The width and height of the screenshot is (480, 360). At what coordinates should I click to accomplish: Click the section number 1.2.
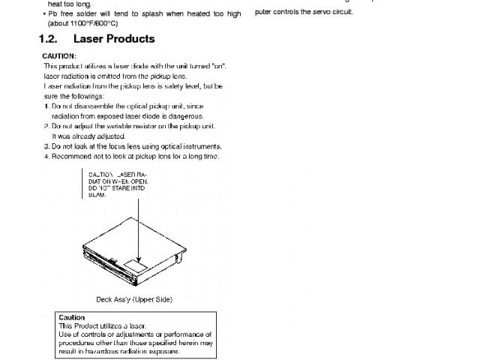[x=49, y=39]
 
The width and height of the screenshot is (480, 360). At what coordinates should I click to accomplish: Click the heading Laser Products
[x=114, y=39]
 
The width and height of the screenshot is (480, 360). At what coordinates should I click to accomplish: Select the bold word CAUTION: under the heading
[x=59, y=56]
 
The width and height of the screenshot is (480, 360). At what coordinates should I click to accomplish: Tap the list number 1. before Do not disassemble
[x=46, y=106]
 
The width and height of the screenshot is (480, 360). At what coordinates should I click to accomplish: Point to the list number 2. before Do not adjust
[x=46, y=126]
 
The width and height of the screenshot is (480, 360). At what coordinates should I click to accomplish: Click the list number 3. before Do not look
[x=46, y=146]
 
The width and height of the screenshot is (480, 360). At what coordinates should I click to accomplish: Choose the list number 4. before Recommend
[x=46, y=156]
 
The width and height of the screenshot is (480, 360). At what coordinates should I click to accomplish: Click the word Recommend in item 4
[x=71, y=156]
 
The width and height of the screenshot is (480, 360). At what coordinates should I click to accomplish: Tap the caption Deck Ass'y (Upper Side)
[x=134, y=299]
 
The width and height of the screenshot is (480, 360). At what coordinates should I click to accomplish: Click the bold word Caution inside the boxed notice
[x=71, y=318]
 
